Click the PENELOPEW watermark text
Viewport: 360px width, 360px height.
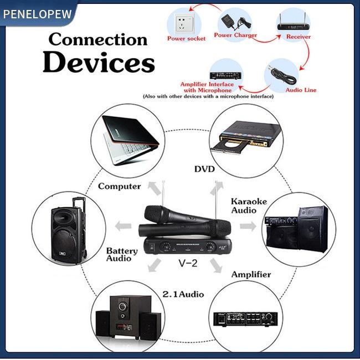point(37,13)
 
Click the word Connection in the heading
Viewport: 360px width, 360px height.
point(98,40)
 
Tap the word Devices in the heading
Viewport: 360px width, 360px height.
point(99,62)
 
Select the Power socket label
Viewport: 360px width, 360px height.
point(186,39)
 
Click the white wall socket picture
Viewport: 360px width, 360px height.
point(184,23)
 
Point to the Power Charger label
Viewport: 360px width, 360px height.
point(235,35)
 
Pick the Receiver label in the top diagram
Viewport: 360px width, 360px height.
point(298,37)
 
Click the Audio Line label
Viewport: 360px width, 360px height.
point(301,90)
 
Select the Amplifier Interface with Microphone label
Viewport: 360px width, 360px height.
point(207,88)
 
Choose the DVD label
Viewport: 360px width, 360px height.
point(204,168)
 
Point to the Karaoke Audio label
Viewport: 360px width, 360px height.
point(248,205)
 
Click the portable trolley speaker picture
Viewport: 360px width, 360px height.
point(68,233)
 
